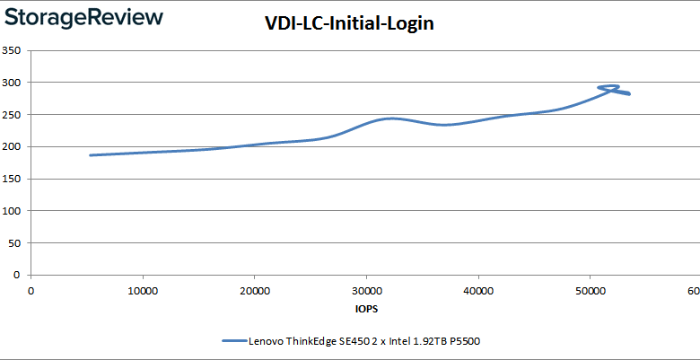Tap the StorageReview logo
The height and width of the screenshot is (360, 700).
point(83,17)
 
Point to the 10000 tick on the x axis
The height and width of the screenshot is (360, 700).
point(144,292)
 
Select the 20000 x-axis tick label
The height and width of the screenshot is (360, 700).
point(255,292)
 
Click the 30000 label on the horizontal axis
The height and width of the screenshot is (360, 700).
point(366,292)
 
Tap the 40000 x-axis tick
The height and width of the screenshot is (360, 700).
point(478,292)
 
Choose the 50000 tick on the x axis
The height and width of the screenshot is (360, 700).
point(590,292)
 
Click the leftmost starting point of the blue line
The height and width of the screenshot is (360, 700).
point(90,155)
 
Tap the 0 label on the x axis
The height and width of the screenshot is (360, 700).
point(31,292)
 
